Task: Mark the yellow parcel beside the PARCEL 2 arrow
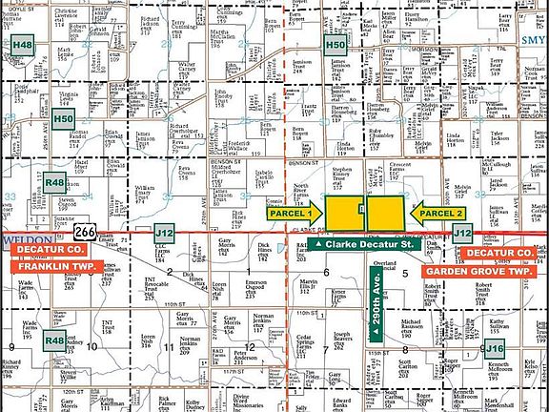click(x=388, y=212)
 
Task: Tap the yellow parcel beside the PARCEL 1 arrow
click(x=342, y=212)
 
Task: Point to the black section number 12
click(x=251, y=346)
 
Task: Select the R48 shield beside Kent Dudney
click(x=54, y=340)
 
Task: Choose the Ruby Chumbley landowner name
click(x=381, y=133)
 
